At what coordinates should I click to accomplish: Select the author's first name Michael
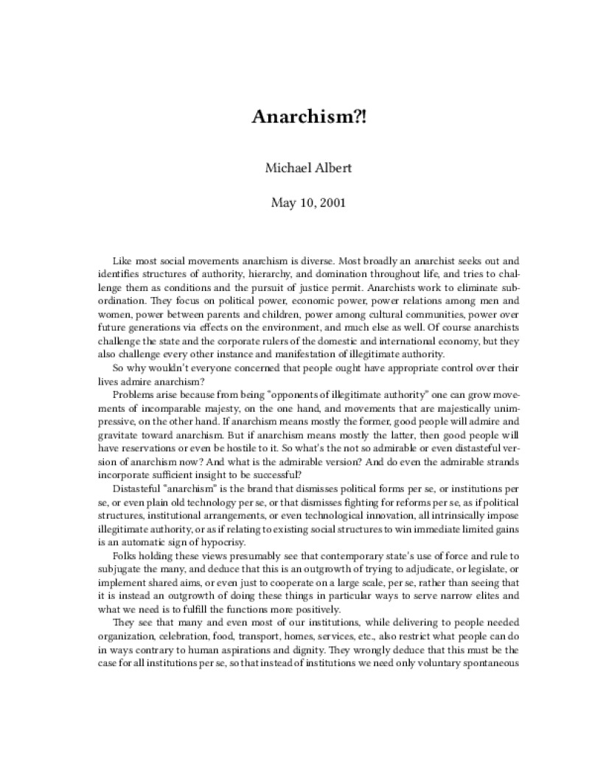283,168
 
